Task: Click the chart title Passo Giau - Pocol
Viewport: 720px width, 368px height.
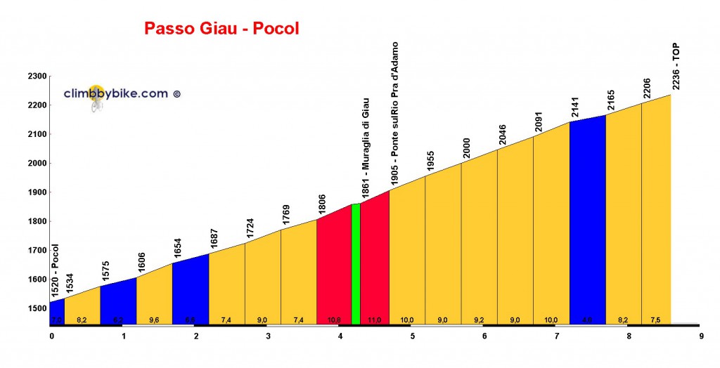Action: click(221, 29)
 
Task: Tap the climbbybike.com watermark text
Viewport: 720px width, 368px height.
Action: click(116, 93)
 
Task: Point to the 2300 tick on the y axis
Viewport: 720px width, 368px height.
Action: click(37, 77)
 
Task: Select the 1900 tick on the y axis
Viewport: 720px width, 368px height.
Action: click(37, 192)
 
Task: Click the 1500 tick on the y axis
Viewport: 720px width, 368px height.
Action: click(37, 308)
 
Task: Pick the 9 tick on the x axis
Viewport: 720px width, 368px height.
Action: click(701, 336)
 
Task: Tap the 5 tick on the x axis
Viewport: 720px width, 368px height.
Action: click(413, 336)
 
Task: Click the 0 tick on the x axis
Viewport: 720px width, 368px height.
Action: click(51, 336)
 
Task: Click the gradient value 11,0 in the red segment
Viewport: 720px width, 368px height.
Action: click(374, 320)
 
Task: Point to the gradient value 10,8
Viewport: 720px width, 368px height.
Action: click(334, 320)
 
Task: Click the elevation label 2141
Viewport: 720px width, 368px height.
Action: click(575, 107)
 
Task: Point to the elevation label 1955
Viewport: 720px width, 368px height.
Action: click(431, 161)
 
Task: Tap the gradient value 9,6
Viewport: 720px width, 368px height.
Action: click(154, 320)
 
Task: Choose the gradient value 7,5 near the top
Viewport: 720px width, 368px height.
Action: click(655, 320)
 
